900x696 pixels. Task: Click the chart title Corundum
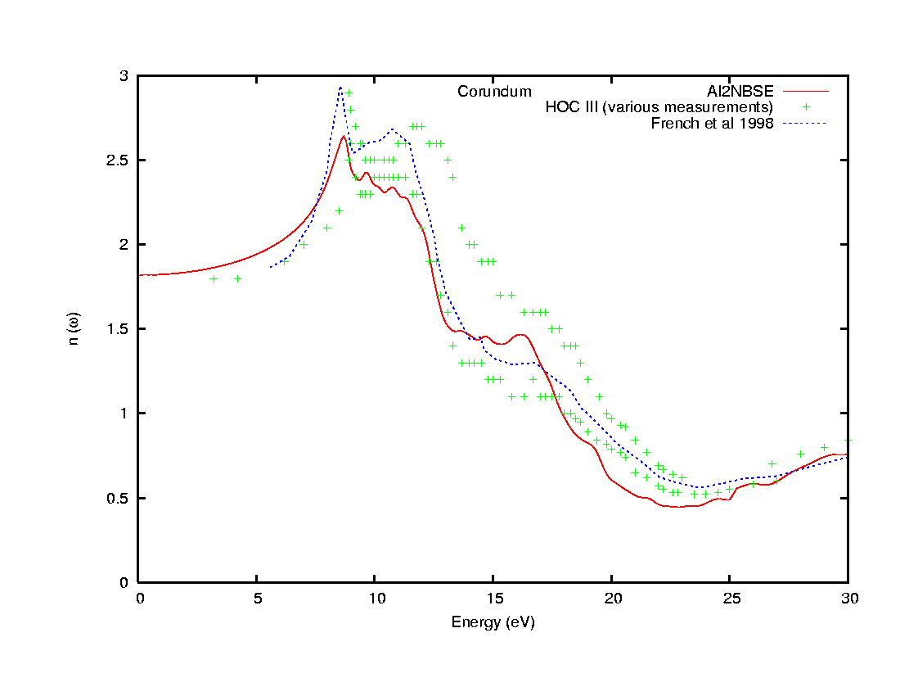[x=494, y=92]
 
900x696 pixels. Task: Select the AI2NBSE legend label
[x=740, y=91]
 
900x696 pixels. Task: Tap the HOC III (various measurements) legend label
[x=659, y=107]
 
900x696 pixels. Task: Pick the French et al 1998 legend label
[x=712, y=124]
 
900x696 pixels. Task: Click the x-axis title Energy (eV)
[x=493, y=622]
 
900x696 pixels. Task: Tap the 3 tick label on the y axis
[x=124, y=75]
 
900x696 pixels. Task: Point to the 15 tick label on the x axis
[x=493, y=599]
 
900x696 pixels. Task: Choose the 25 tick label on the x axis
[x=730, y=599]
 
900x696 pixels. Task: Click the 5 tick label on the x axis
[x=257, y=599]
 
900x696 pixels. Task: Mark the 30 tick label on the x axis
[x=848, y=599]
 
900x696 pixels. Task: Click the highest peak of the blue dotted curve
[x=340, y=87]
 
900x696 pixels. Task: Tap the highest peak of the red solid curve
[x=344, y=137]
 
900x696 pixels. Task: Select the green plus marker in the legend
[x=805, y=107]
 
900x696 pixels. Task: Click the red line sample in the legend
[x=805, y=91]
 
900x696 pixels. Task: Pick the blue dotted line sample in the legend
[x=805, y=124]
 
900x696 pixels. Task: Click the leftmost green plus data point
[x=214, y=278]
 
